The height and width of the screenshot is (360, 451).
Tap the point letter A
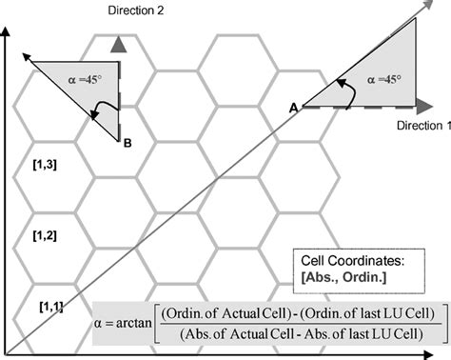pos(292,110)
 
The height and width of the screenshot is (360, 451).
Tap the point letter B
pos(127,144)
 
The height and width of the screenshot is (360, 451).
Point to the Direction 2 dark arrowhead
pos(117,43)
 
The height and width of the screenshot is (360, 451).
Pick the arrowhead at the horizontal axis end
pos(443,351)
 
